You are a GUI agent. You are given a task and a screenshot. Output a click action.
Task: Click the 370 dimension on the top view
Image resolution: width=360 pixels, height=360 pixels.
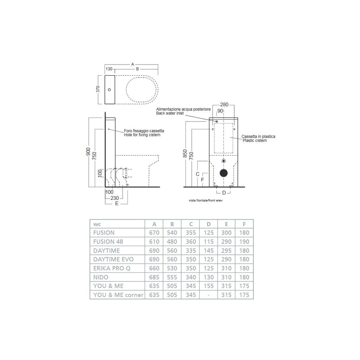(98, 89)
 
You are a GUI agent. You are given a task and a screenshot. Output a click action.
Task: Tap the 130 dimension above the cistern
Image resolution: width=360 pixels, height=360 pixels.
(109, 69)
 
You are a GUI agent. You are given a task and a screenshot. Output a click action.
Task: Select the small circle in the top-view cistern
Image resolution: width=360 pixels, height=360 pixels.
(109, 90)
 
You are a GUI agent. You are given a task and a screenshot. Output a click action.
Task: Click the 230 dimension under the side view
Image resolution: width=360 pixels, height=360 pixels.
(115, 198)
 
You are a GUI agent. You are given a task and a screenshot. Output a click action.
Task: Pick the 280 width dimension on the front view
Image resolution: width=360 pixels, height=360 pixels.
(224, 104)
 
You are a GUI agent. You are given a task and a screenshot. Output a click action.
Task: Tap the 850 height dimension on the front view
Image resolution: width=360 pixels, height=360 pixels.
(185, 153)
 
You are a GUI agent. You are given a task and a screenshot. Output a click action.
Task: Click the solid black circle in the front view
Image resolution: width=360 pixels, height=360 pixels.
(223, 173)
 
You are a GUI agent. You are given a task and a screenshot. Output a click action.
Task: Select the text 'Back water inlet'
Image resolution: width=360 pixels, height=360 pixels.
(170, 113)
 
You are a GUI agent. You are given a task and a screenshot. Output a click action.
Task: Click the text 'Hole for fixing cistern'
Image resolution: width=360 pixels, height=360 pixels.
(142, 135)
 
